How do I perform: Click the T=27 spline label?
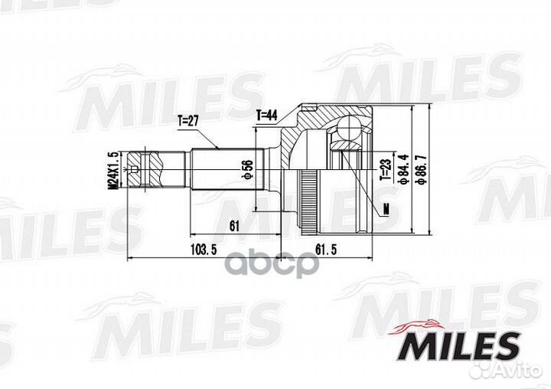point(188,120)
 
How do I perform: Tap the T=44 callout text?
point(267,115)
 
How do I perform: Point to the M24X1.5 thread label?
point(112,170)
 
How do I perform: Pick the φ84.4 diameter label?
point(400,170)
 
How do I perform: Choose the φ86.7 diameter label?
point(422,170)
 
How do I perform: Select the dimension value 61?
point(235,224)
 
